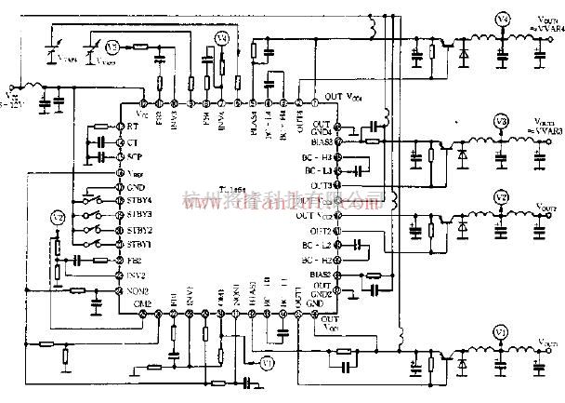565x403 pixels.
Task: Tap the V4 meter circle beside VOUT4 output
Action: (501, 19)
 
